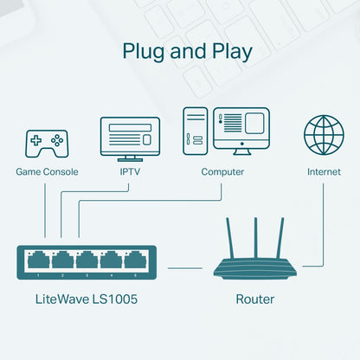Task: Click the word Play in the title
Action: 230,51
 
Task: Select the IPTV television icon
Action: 130,138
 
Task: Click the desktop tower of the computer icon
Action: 194,132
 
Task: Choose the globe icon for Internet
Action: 324,135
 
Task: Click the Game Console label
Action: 47,172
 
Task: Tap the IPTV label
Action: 131,172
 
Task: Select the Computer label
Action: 222,172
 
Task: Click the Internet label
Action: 324,172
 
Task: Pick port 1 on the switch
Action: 38,260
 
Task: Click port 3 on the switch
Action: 87,260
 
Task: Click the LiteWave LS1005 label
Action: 87,299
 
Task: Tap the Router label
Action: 254,299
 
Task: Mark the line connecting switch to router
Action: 185,268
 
